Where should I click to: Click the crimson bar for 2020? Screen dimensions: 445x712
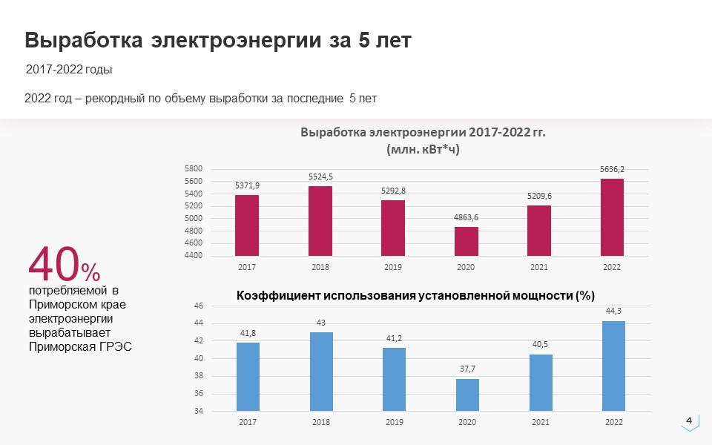[467, 241]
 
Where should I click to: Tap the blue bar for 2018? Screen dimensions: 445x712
[321, 371]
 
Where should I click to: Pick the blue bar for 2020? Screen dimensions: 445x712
[467, 395]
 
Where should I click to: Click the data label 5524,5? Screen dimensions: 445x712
[321, 177]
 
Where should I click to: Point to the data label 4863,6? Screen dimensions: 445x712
[467, 217]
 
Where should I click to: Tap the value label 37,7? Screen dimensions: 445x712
[467, 369]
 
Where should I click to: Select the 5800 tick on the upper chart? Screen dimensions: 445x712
[194, 169]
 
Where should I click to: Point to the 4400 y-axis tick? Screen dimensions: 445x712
[194, 256]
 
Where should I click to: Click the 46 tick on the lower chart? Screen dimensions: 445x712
[198, 306]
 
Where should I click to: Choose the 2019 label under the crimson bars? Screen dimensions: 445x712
[393, 267]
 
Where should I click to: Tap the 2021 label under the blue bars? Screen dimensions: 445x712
[540, 422]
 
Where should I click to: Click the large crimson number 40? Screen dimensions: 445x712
[53, 263]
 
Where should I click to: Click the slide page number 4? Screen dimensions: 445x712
[689, 421]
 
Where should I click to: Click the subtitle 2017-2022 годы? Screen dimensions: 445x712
[69, 70]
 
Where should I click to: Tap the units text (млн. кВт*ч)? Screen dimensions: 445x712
[423, 148]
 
